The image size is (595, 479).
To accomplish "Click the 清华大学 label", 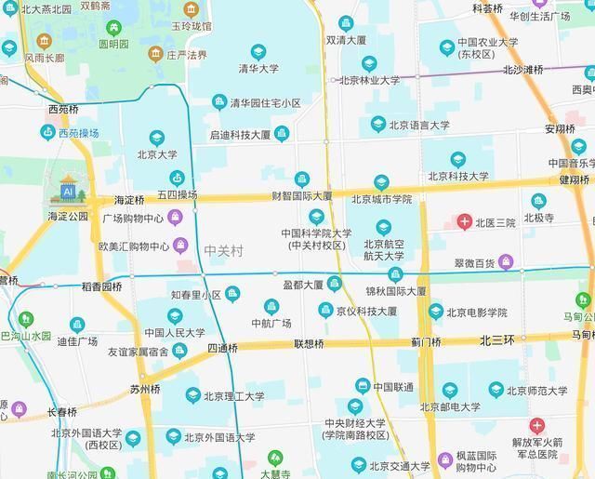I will click(x=258, y=68).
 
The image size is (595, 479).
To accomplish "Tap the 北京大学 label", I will click(x=157, y=154).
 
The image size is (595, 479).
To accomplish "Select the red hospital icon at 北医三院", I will click(x=463, y=221).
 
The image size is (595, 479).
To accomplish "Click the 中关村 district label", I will click(x=223, y=251).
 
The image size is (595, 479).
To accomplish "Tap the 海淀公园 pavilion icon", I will click(x=67, y=191).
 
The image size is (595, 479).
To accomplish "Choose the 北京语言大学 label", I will click(x=418, y=125).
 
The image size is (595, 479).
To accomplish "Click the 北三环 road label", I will click(x=497, y=340).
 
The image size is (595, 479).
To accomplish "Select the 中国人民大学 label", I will click(x=175, y=332).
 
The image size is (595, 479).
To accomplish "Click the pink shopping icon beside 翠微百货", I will click(x=506, y=261).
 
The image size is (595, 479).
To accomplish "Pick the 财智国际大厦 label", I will click(x=301, y=196).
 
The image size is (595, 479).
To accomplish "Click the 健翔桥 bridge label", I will click(x=575, y=180).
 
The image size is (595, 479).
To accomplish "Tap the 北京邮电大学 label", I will click(x=450, y=406).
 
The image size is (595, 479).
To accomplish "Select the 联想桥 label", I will click(x=309, y=344).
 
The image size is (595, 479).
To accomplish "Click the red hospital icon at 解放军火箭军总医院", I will click(x=536, y=425).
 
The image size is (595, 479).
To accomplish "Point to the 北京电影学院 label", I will click(x=476, y=313).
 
